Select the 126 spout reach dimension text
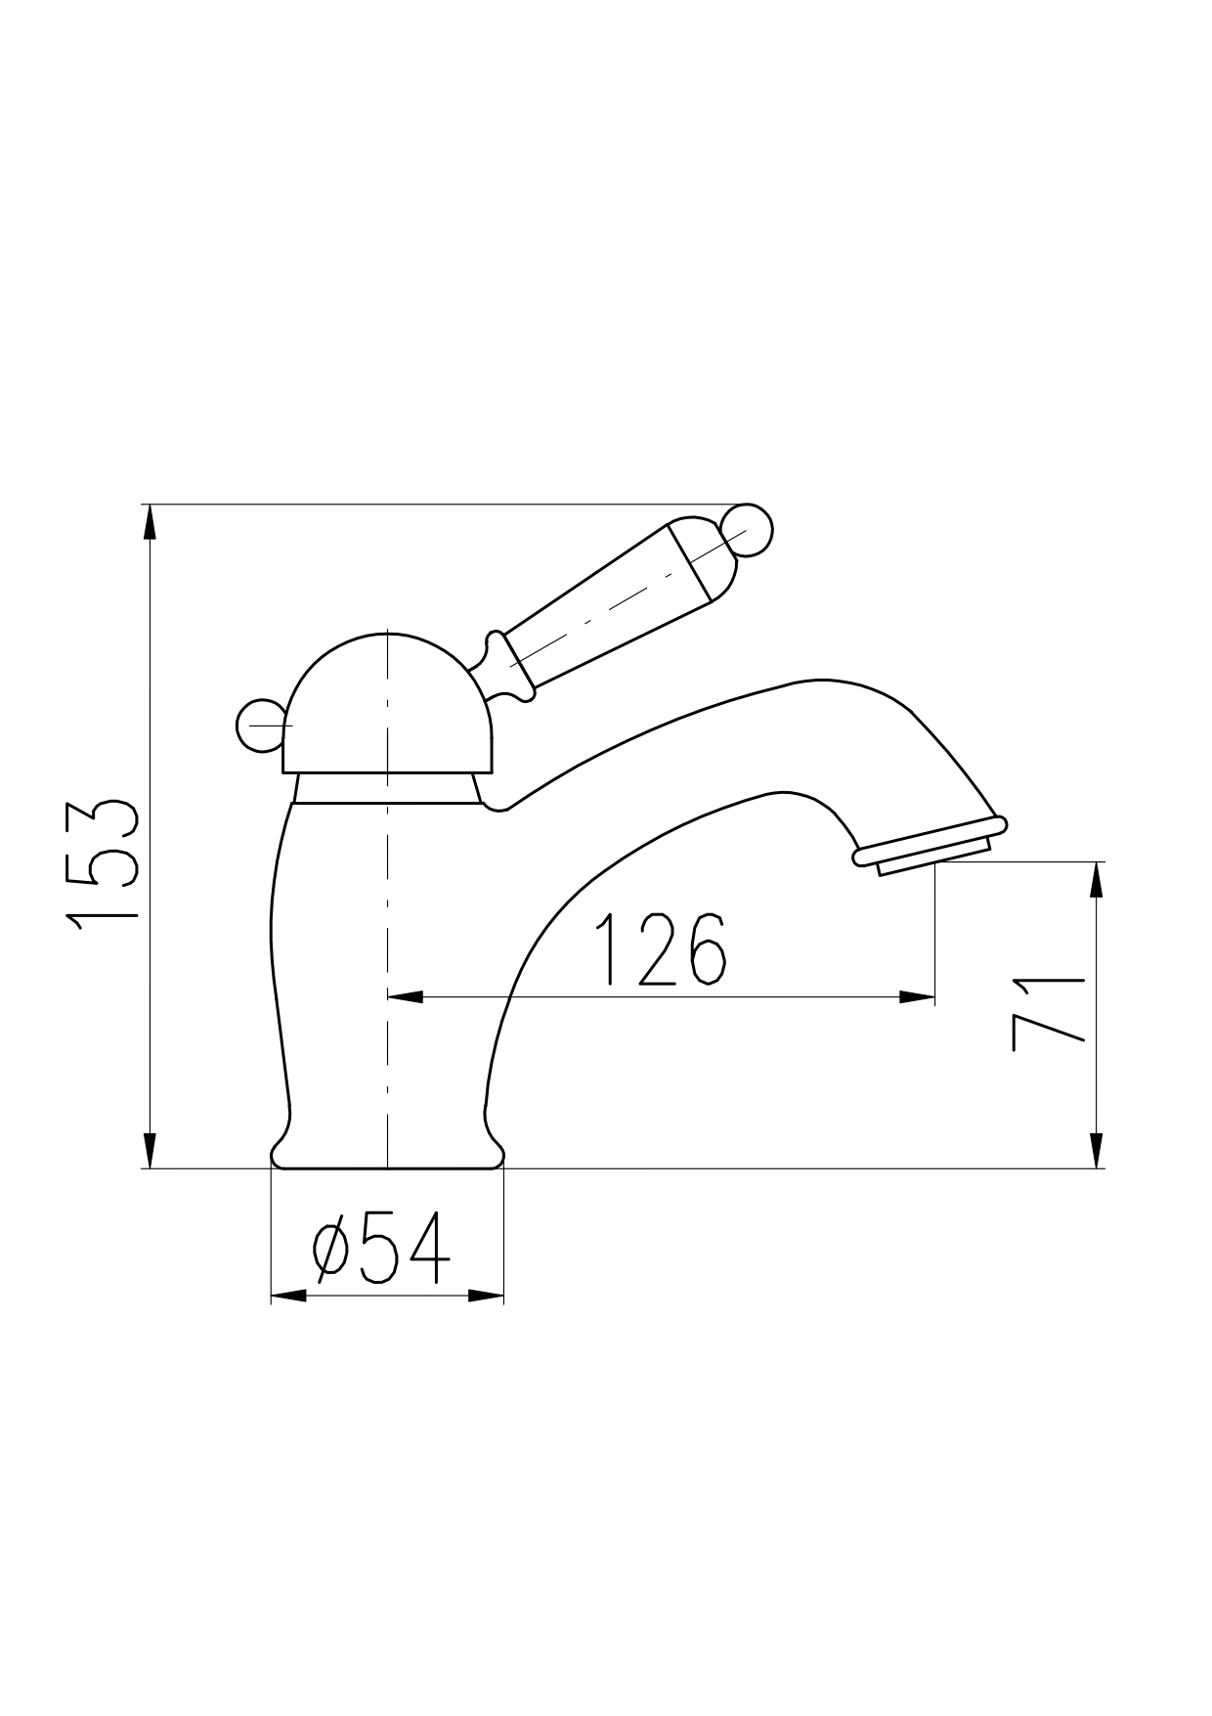point(661,949)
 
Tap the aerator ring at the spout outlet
point(930,842)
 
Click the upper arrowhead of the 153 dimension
point(149,522)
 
